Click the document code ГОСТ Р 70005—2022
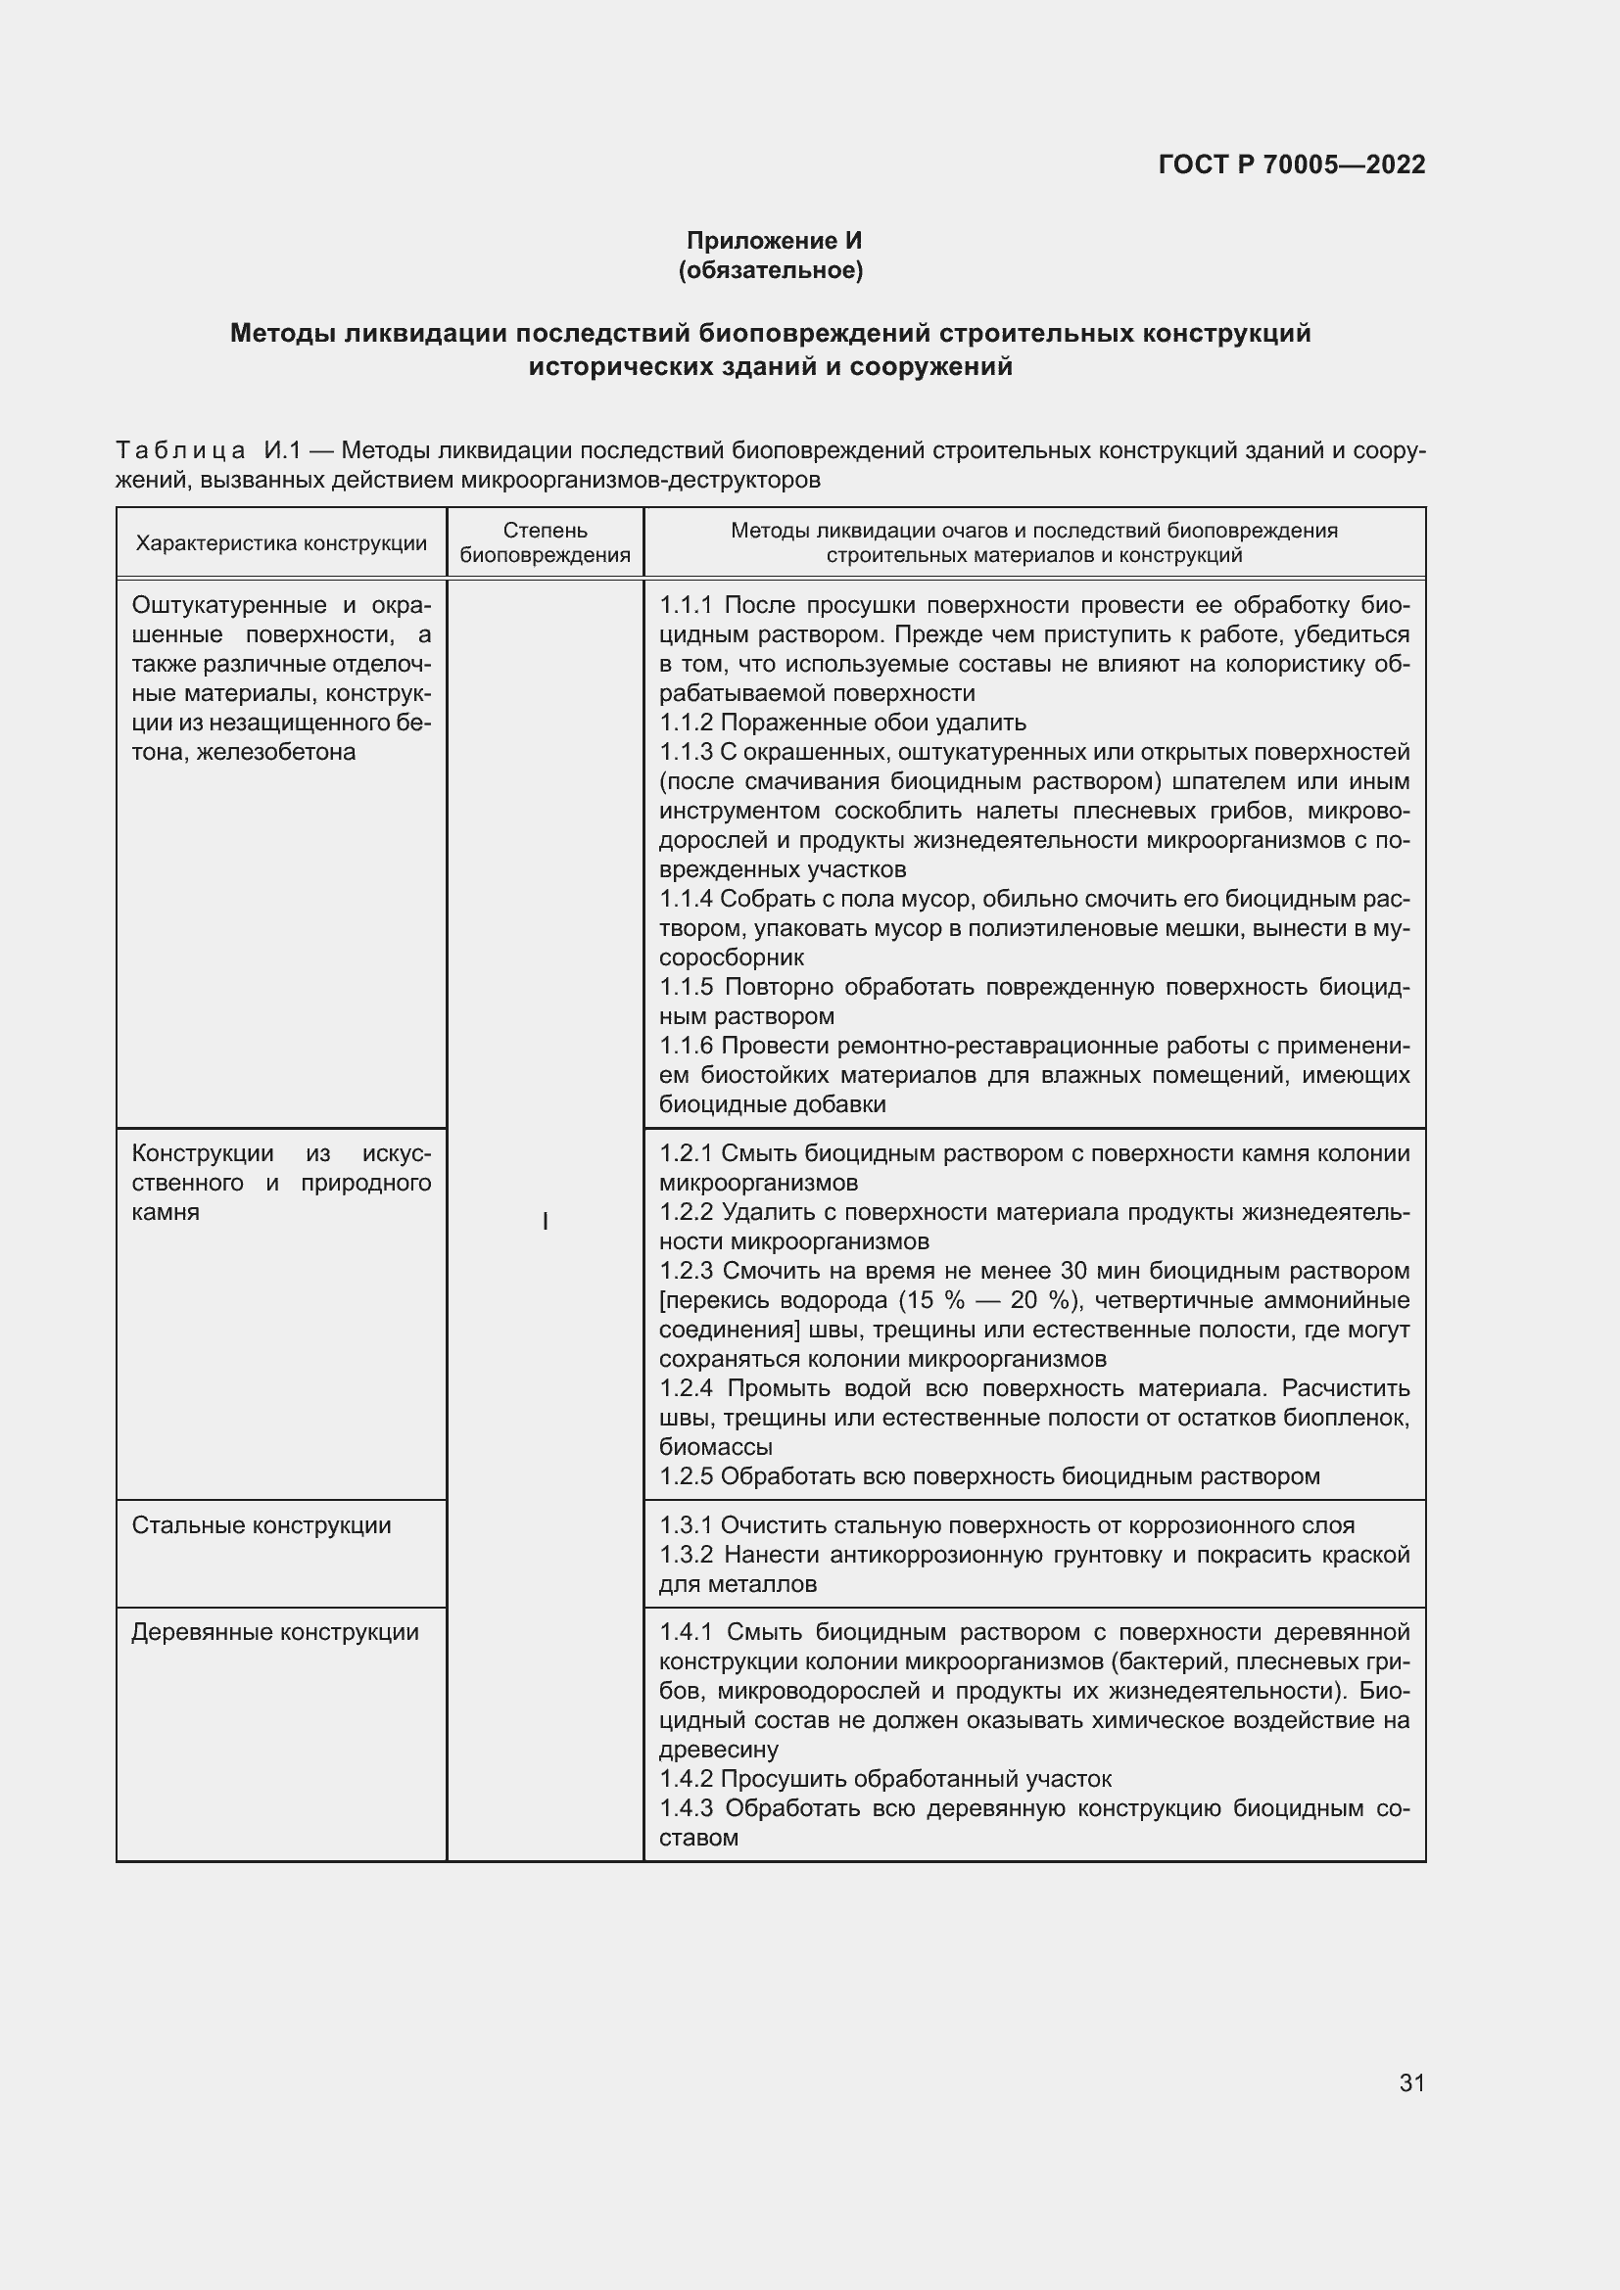(1291, 164)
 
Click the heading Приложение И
(773, 241)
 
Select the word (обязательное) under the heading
(770, 270)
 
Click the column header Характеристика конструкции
(280, 543)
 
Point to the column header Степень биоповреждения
(545, 543)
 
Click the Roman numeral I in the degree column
(545, 1222)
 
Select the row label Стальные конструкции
(262, 1525)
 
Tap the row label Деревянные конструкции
(274, 1632)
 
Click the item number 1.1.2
(686, 723)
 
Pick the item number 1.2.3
(687, 1271)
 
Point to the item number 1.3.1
(686, 1525)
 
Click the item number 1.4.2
(686, 1778)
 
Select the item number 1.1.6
(686, 1046)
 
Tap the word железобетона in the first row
(276, 752)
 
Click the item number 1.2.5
(686, 1476)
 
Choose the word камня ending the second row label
(166, 1213)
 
